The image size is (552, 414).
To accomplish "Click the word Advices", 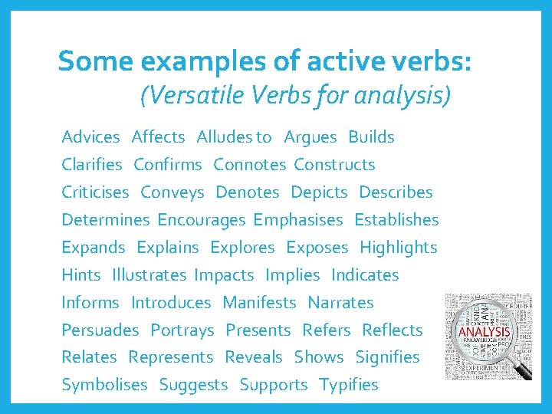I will [90, 137].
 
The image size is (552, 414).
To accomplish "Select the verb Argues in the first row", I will [310, 137].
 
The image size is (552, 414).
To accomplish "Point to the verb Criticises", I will [95, 192].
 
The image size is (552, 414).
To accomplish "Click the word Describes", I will [396, 192].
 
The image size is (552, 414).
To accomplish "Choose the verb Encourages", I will [201, 220].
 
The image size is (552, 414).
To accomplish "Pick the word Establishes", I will [396, 220].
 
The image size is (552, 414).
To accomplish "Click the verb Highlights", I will [398, 248].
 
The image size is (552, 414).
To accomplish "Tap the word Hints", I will [80, 275].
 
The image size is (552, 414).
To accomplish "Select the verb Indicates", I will [365, 275].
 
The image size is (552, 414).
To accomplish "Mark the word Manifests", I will [258, 303].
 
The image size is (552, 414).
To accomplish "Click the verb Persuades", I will [100, 330].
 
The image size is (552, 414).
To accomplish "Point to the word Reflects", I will [392, 330].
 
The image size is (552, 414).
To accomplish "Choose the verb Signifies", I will [387, 357].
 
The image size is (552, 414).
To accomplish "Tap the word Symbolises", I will [104, 385].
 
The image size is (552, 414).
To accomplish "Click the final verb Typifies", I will [348, 385].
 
